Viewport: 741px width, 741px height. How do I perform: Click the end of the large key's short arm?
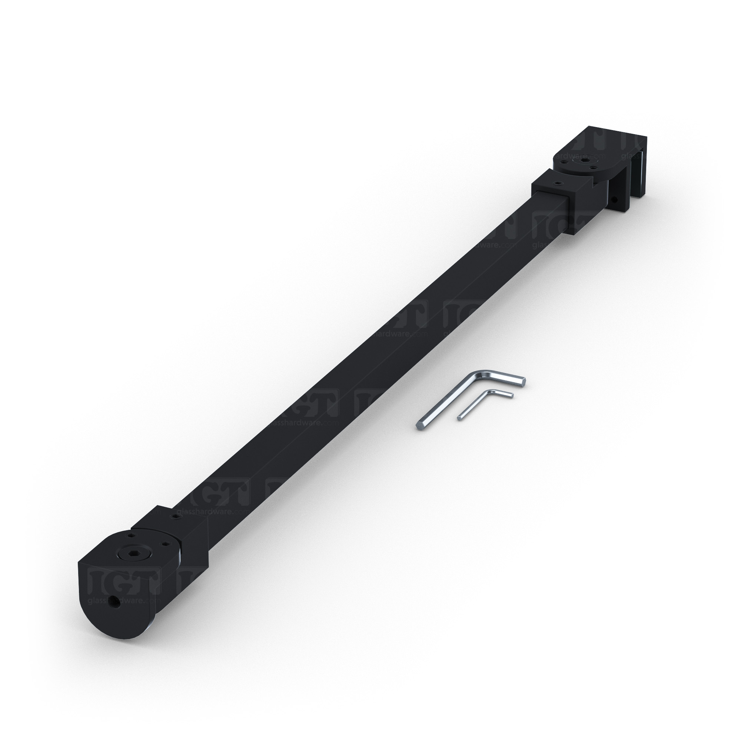[523, 381]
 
